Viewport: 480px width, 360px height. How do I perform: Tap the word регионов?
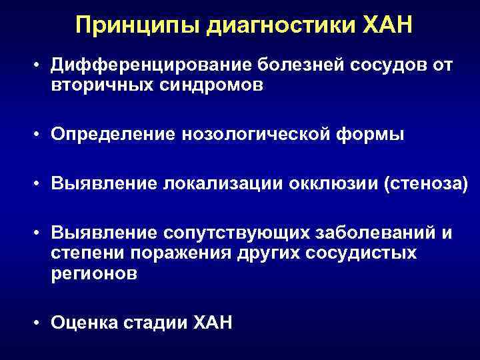tap(93, 273)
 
